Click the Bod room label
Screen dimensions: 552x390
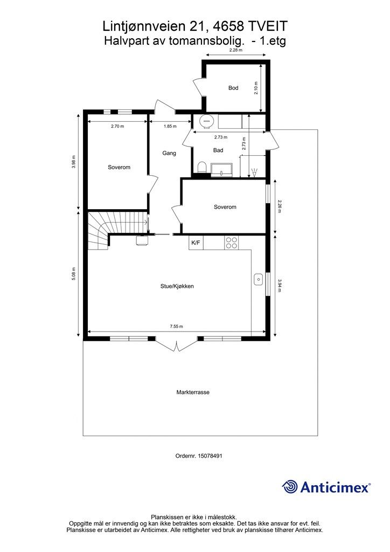[x=233, y=88]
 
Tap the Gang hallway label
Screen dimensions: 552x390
[x=169, y=154]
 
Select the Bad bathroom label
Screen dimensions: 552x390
[x=218, y=151]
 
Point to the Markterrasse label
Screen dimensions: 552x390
[x=193, y=392]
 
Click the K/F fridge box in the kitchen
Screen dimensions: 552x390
[x=196, y=243]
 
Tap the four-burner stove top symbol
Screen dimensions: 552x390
[x=232, y=243]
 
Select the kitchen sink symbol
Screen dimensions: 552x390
[x=258, y=279]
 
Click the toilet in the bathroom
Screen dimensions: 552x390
[x=201, y=167]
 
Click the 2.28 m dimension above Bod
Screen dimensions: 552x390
[x=236, y=50]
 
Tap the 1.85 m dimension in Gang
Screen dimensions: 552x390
[x=170, y=127]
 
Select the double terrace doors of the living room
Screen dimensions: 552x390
[x=176, y=344]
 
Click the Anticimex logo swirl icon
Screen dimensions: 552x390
[x=290, y=487]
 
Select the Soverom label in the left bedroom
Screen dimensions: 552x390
[x=119, y=168]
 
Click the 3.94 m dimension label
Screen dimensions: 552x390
[x=280, y=285]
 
